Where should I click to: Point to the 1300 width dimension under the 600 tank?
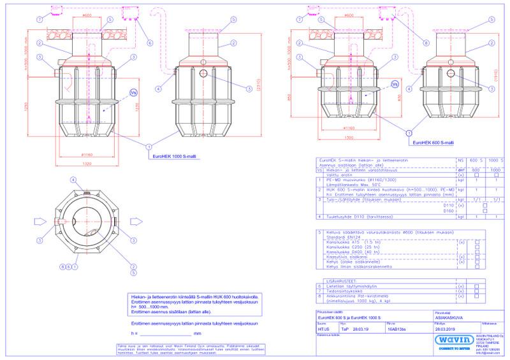pos(350,137)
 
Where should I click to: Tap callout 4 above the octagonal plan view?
pos(73,180)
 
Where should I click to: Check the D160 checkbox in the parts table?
pos(485,211)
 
